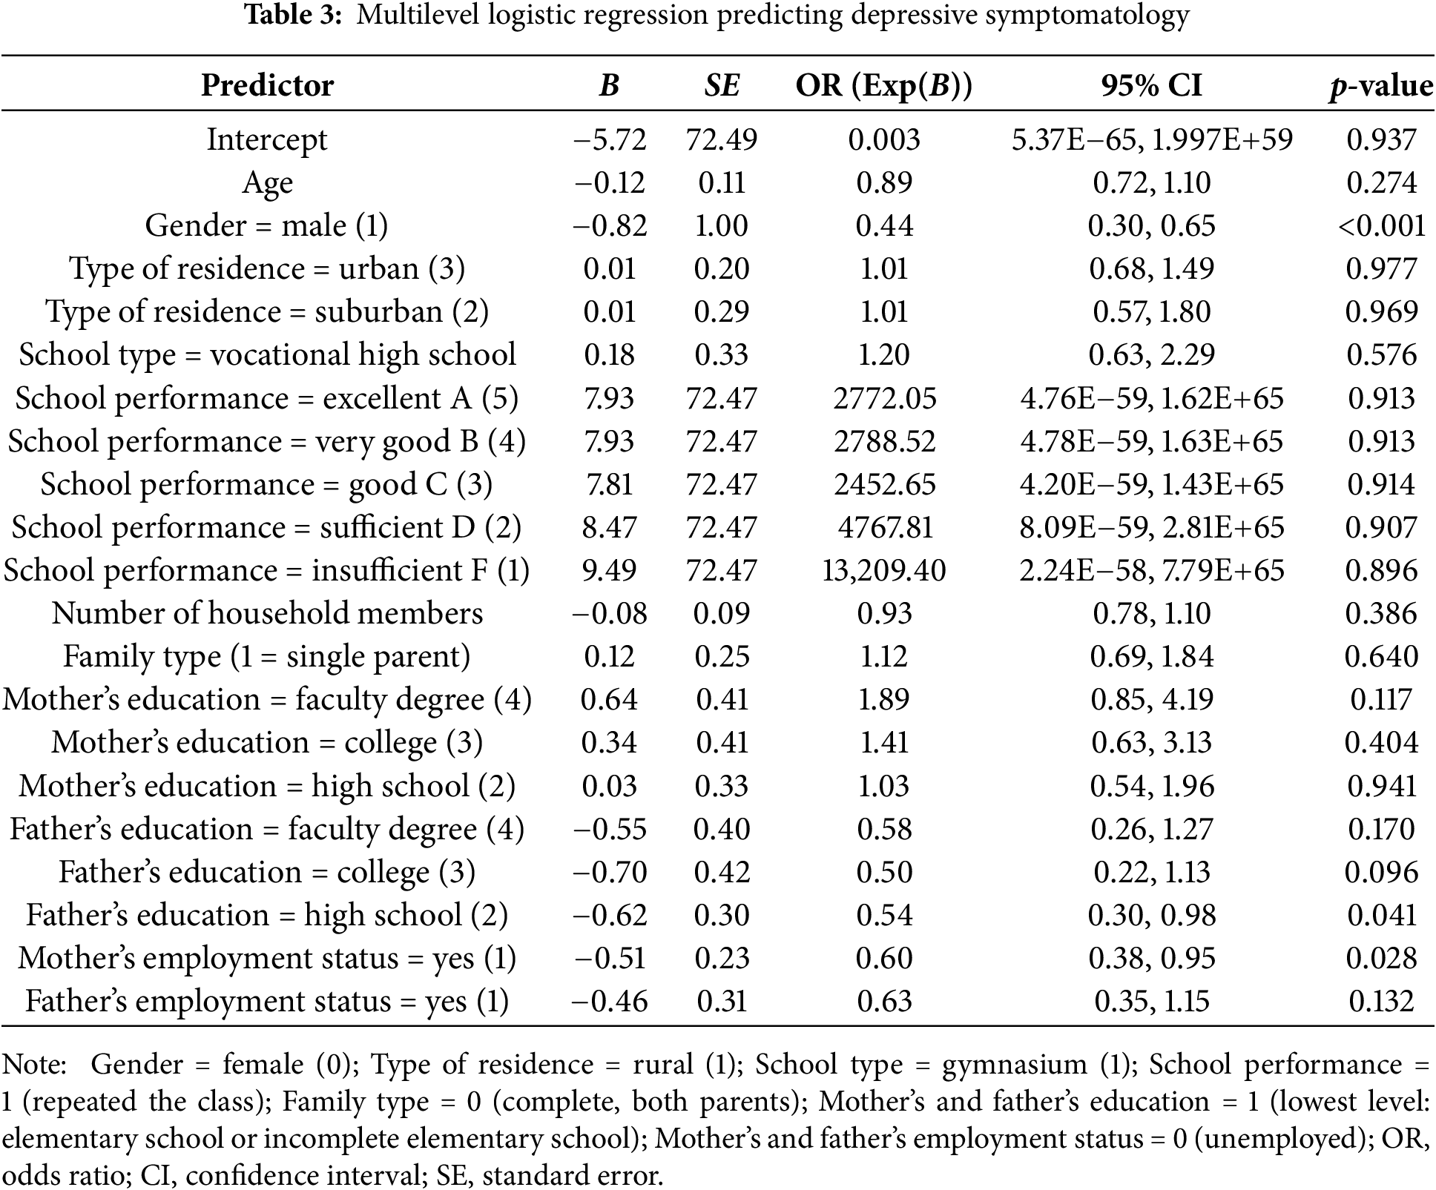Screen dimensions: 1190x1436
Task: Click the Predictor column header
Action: tap(267, 85)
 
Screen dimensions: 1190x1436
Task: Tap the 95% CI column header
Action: tap(1151, 85)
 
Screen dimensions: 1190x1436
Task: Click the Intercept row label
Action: tap(267, 139)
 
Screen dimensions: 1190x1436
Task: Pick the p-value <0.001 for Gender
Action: tap(1381, 225)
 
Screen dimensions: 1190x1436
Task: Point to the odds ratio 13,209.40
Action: tap(884, 570)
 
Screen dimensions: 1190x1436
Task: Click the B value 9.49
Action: tap(610, 570)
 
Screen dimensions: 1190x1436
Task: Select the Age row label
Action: tap(267, 182)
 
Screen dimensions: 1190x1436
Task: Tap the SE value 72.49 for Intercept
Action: tap(722, 139)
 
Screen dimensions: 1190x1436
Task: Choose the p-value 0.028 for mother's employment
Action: tap(1381, 958)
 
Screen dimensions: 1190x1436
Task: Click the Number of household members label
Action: tap(267, 613)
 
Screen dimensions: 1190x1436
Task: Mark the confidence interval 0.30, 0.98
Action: tap(1151, 915)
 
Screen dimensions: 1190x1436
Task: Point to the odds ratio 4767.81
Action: tap(884, 527)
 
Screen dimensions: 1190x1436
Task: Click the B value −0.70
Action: tap(610, 872)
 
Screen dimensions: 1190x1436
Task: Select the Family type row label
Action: tap(267, 656)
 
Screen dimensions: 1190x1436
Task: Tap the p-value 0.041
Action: tap(1381, 915)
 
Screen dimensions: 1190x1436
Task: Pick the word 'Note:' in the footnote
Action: tap(34, 1065)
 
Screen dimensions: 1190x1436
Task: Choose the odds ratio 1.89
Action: tap(884, 699)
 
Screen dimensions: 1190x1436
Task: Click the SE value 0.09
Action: tap(722, 613)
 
